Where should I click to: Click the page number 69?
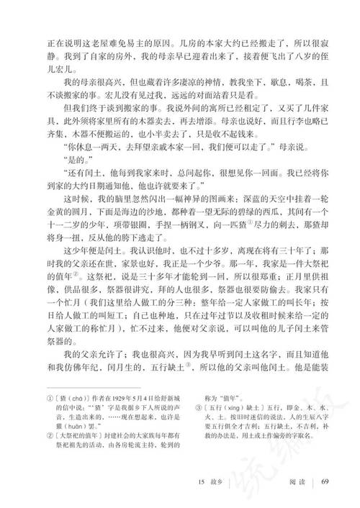(x=325, y=481)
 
